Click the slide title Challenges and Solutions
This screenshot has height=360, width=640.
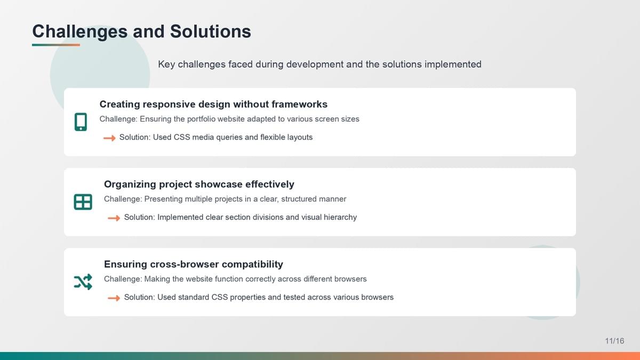pyautogui.click(x=142, y=31)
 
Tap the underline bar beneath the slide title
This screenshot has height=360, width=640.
pyautogui.click(x=56, y=45)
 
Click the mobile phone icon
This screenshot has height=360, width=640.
pyautogui.click(x=81, y=122)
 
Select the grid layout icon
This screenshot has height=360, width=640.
pyautogui.click(x=83, y=202)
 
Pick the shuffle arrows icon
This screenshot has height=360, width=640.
pyautogui.click(x=83, y=282)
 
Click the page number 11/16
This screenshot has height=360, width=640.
pyautogui.click(x=614, y=341)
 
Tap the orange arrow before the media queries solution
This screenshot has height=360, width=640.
pyautogui.click(x=109, y=138)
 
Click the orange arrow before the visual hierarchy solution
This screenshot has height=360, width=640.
pyautogui.click(x=114, y=218)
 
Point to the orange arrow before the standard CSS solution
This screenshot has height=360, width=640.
pyautogui.click(x=114, y=298)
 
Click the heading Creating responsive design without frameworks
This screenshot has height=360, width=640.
pyautogui.click(x=213, y=105)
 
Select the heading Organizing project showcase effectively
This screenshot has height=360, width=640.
pyautogui.click(x=199, y=185)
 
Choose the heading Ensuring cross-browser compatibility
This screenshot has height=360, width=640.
pyautogui.click(x=194, y=265)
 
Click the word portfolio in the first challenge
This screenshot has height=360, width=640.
pyautogui.click(x=201, y=119)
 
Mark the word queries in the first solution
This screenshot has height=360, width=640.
pyautogui.click(x=229, y=137)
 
